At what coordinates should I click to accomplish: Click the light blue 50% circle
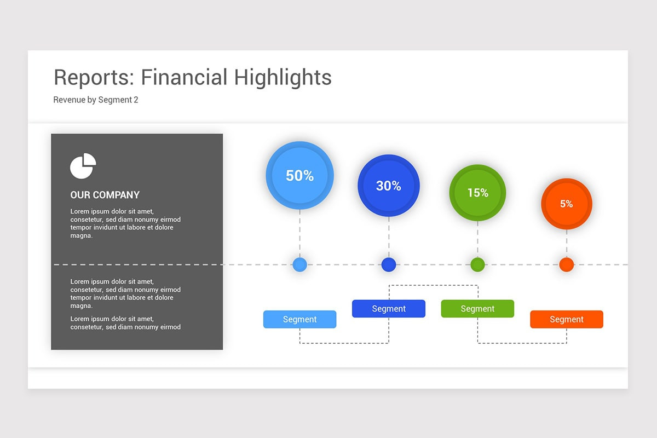[x=300, y=175]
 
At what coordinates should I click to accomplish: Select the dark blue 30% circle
[x=389, y=186]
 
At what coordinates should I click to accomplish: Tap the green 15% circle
[x=477, y=193]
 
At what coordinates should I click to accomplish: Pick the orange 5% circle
[x=567, y=204]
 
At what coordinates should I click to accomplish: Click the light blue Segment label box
[x=300, y=319]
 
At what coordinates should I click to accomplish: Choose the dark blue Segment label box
[x=389, y=309]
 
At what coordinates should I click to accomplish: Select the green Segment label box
[x=477, y=309]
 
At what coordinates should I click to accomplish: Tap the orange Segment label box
[x=567, y=319]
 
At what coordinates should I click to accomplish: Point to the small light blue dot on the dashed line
[x=300, y=264]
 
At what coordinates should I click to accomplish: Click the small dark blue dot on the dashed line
[x=389, y=264]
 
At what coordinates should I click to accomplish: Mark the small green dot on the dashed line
[x=477, y=264]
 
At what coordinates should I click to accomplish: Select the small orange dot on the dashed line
[x=567, y=264]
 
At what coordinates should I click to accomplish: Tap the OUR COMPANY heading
[x=105, y=195]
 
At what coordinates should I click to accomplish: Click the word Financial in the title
[x=184, y=77]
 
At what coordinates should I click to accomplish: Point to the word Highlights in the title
[x=283, y=78]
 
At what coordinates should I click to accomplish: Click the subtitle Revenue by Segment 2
[x=96, y=100]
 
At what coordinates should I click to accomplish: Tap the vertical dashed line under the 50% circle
[x=300, y=234]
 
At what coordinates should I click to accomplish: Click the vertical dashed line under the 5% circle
[x=567, y=243]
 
